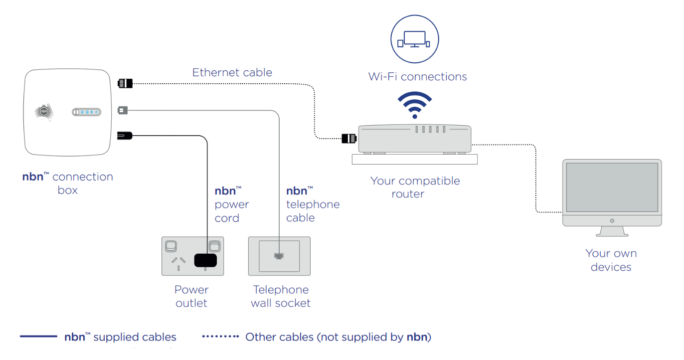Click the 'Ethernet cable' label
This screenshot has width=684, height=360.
click(232, 72)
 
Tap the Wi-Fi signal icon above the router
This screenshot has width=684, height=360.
click(415, 105)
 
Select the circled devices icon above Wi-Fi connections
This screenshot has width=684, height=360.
click(414, 39)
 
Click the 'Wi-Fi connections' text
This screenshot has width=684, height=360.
click(417, 76)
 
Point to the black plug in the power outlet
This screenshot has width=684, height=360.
click(206, 260)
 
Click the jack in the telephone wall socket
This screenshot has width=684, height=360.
click(279, 256)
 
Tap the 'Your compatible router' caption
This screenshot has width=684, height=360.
click(415, 187)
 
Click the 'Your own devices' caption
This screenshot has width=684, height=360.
click(611, 260)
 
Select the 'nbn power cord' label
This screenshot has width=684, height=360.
click(231, 204)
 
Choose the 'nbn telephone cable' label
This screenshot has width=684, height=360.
click(312, 204)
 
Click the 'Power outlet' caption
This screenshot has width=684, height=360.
click(191, 296)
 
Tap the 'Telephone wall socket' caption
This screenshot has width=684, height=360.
click(280, 296)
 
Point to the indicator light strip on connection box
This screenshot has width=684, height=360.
click(87, 112)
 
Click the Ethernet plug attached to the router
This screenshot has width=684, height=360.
click(348, 138)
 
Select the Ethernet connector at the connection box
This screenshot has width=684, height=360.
click(124, 83)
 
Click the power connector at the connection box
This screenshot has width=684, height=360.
click(124, 135)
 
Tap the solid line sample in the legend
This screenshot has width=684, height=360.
click(38, 337)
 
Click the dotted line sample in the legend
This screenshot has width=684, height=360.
click(220, 337)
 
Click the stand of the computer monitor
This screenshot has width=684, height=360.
click(612, 231)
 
